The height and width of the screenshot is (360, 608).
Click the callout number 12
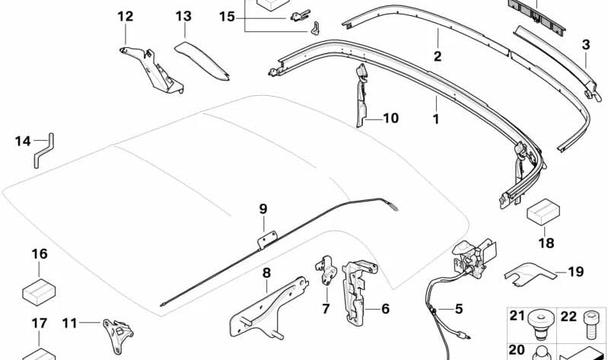point(125,16)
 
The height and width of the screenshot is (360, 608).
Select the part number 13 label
point(183,16)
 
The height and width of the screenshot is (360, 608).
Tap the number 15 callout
point(228,16)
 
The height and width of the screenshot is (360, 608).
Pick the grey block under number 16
point(39,288)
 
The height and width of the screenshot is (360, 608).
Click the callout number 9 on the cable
point(263,209)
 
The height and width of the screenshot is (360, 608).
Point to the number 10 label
point(390,119)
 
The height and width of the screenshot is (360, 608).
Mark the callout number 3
point(585,45)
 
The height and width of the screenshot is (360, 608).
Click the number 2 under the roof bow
point(438,56)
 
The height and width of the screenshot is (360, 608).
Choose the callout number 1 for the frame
point(435,119)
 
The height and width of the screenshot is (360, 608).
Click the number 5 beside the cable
point(458,309)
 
